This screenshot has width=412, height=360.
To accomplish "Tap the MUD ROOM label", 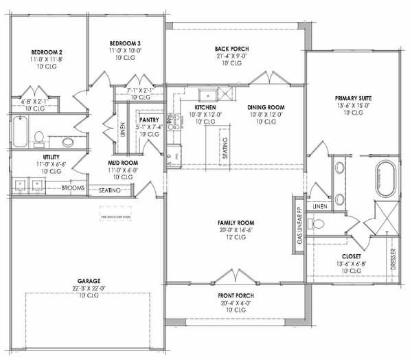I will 124,163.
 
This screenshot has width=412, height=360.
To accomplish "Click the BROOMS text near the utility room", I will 73,187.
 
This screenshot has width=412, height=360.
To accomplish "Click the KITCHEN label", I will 206,107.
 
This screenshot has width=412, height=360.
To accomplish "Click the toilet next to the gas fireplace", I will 317,223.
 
